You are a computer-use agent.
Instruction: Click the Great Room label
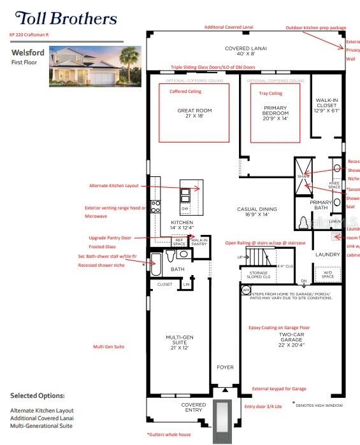[194, 113]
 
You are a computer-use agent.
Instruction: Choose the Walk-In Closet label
[326, 105]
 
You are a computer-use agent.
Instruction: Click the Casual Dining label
[257, 212]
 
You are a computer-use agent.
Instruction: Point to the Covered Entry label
[193, 407]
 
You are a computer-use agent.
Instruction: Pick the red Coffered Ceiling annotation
[185, 91]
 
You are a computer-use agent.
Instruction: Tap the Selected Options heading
[37, 395]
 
